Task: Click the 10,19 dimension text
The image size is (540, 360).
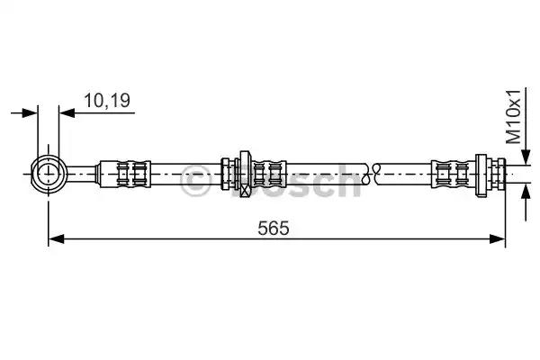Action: tap(107, 101)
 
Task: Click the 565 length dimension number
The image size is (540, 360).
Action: tap(274, 228)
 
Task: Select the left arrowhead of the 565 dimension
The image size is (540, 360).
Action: tap(56, 238)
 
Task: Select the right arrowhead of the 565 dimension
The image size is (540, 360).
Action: tap(498, 238)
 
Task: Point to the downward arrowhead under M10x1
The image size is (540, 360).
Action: tap(526, 157)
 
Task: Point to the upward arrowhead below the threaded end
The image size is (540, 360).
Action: tap(526, 193)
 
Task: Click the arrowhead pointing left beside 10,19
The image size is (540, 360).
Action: tap(67, 112)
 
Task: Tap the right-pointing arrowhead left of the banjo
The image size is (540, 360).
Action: tap(30, 112)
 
